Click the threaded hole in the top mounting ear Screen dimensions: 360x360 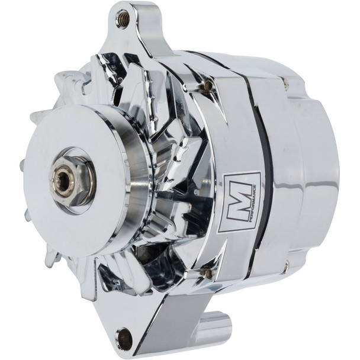pyautogui.click(x=123, y=19)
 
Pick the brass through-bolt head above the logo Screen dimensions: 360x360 pyautogui.click(x=206, y=86)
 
